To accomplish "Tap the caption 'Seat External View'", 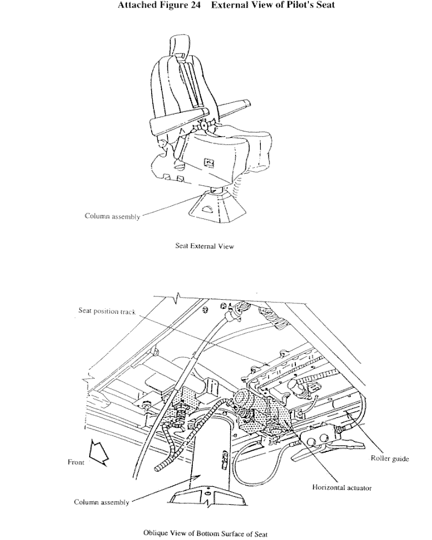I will click(204, 245).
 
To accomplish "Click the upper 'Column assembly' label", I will click(112, 217).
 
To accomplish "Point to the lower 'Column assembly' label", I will click(102, 502).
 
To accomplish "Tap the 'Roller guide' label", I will click(389, 459).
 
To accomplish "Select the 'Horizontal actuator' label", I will click(342, 488).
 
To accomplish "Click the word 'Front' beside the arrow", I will click(76, 462).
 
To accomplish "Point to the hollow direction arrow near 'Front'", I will click(98, 453).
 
